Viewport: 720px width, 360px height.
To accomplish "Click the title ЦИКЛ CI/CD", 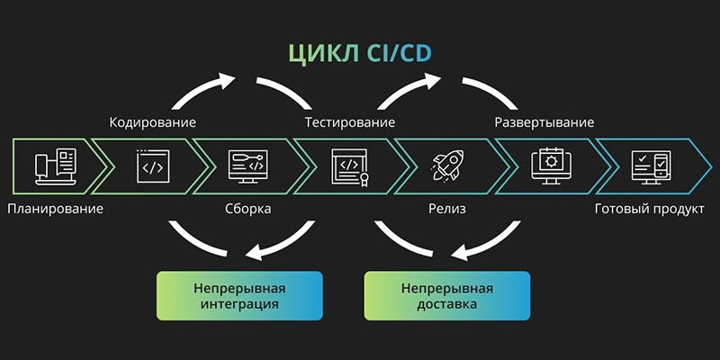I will tap(359, 52).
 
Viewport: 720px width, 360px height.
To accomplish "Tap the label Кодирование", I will tap(153, 122).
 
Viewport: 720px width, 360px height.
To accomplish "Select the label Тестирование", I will tap(350, 122).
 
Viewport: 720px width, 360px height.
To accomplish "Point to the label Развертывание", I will tap(544, 122).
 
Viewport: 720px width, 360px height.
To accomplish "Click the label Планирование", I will tap(55, 210).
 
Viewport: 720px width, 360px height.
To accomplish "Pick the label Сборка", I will tap(247, 210).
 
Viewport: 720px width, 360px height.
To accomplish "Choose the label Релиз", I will tap(445, 210).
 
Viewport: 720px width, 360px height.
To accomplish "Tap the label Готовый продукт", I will tap(647, 210).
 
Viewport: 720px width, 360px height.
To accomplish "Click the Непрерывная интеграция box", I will tap(238, 296).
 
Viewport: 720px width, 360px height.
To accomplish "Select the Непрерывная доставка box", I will tap(446, 296).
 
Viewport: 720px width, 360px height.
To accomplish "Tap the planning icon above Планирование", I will tap(53, 166).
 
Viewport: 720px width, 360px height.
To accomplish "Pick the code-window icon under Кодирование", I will tap(154, 166).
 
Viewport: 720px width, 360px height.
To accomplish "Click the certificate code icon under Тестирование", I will tap(349, 166).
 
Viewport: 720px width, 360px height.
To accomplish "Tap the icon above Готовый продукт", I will tap(650, 165).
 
